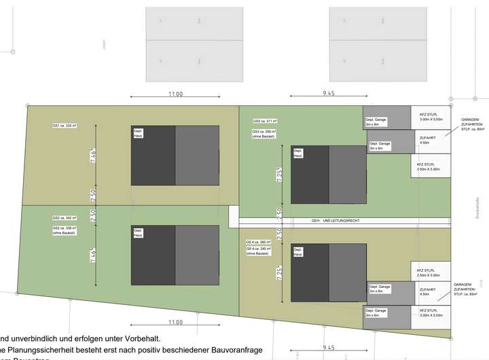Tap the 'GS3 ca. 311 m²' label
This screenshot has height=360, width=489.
pos(265,121)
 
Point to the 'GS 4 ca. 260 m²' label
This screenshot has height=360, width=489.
pos(258,242)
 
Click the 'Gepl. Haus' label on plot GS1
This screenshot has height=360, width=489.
pos(138,132)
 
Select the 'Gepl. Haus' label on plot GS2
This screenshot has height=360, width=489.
pos(138,232)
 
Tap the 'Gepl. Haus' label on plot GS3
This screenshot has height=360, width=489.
pos(297,153)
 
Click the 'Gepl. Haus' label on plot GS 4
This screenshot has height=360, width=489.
pos(297,252)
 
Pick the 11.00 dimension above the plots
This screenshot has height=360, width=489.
pos(175,94)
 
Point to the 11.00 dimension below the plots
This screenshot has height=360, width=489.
pos(175,322)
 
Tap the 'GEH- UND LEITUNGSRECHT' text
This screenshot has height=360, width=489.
pos(337,221)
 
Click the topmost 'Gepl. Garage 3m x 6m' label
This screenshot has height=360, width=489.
pos(376,122)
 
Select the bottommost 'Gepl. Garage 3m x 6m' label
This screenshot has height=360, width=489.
pos(376,313)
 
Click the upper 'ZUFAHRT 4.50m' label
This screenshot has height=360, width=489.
pos(425,140)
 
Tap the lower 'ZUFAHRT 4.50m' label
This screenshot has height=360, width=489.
pos(425,292)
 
